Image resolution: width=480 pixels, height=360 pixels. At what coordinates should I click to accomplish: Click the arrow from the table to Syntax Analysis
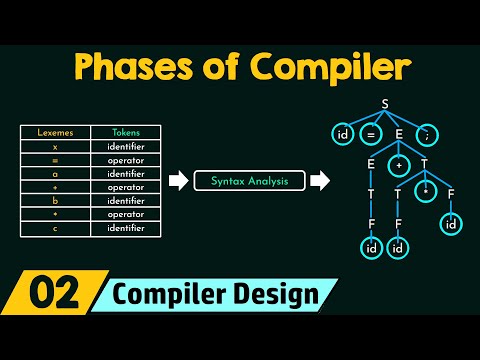point(176,181)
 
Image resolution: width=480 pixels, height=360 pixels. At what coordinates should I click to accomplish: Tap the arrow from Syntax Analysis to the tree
point(319,181)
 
